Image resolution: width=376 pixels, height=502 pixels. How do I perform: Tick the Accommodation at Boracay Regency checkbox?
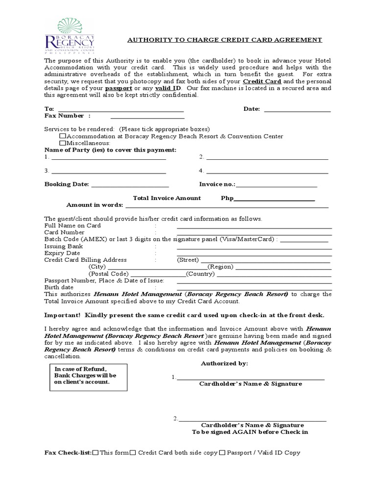point(63,136)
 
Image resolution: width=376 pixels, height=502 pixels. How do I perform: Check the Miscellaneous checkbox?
point(63,143)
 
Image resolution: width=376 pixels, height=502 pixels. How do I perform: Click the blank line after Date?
point(297,109)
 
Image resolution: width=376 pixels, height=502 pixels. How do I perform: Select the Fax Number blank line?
point(147,116)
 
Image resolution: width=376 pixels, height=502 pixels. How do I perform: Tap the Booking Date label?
point(67,184)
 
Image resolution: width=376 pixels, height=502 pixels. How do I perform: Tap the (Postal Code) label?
point(108,274)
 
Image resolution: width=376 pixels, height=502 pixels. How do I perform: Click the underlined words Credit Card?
point(262,81)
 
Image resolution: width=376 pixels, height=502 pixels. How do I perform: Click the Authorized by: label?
point(224,364)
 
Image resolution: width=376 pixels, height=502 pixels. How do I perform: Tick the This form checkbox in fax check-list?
point(95,453)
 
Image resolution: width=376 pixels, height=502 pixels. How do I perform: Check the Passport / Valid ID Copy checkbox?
point(222,453)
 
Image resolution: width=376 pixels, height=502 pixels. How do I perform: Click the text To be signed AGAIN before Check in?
point(250,432)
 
